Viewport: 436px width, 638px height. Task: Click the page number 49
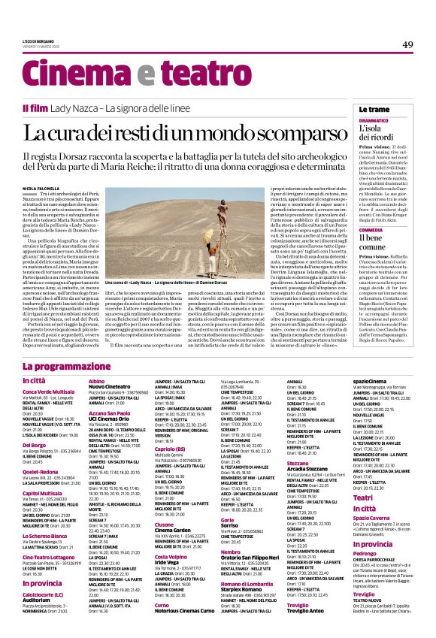pyautogui.click(x=407, y=45)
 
